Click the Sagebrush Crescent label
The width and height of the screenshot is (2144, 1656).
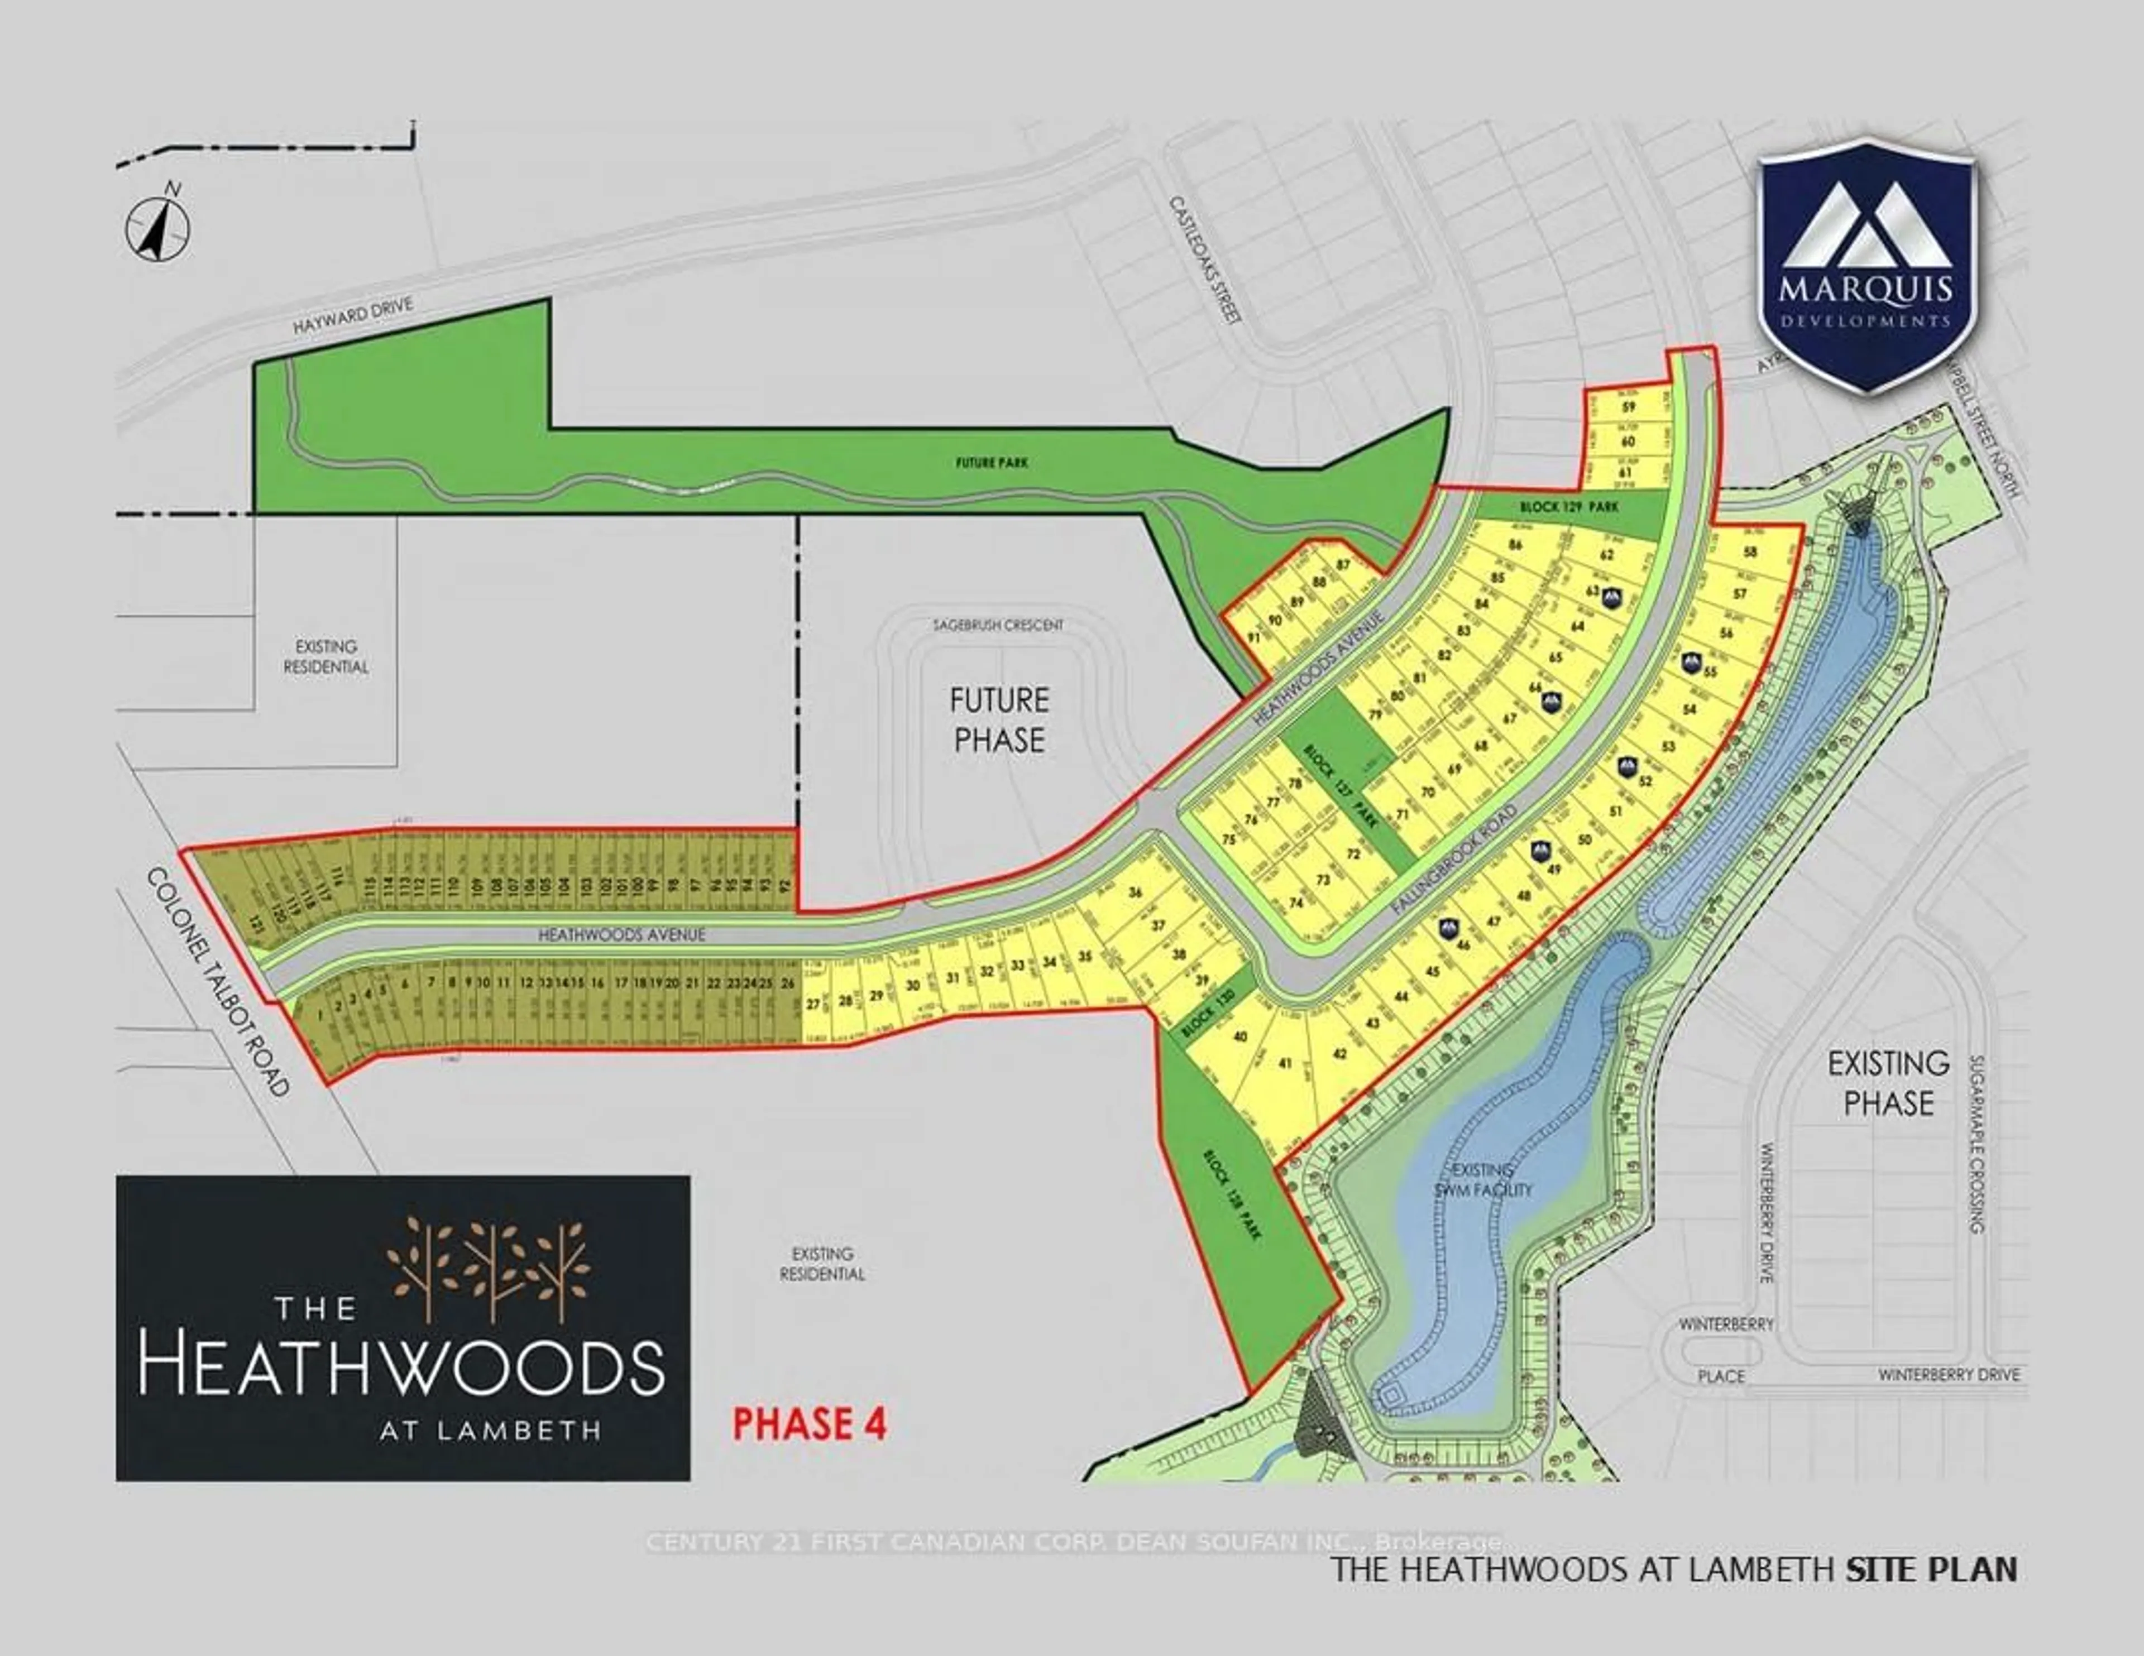tap(998, 625)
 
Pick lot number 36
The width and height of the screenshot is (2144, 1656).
tap(1136, 892)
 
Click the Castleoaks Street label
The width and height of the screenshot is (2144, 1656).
tap(1205, 259)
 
